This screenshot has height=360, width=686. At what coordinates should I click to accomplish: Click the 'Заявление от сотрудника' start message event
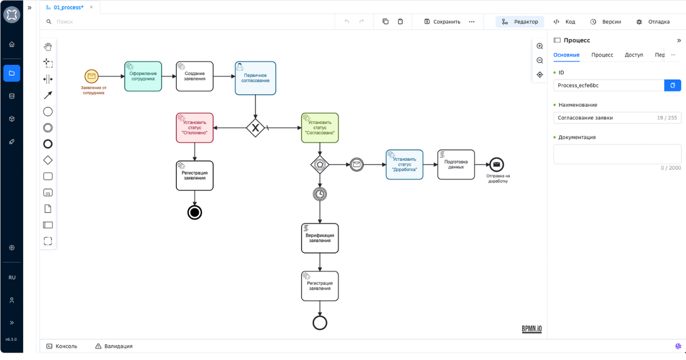(x=91, y=76)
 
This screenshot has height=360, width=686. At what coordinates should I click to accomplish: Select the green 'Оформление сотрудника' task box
(x=143, y=76)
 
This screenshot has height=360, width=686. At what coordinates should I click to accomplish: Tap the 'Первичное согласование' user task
(x=256, y=78)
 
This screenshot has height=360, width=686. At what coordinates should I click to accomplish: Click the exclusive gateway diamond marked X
(x=256, y=128)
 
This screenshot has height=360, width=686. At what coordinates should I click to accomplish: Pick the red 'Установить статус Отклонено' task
(x=195, y=128)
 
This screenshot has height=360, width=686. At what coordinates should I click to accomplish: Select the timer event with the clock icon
(x=320, y=194)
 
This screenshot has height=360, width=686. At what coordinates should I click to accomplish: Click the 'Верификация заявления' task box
(x=320, y=238)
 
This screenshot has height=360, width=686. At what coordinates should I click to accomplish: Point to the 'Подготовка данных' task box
(x=456, y=164)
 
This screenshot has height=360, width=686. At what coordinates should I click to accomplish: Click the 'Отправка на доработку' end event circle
(x=496, y=164)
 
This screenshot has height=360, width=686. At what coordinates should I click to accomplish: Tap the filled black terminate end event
(x=195, y=213)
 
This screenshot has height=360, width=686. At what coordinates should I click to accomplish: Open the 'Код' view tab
(x=564, y=22)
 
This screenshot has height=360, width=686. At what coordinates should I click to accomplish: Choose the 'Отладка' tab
(x=653, y=22)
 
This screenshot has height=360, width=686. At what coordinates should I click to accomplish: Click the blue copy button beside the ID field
(x=673, y=85)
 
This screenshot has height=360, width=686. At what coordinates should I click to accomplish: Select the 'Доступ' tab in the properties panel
(x=633, y=55)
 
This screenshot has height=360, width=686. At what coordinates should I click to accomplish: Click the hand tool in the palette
(x=48, y=47)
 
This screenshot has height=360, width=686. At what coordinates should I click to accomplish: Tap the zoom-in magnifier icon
(x=540, y=46)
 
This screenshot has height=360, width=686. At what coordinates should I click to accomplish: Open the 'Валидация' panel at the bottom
(x=114, y=346)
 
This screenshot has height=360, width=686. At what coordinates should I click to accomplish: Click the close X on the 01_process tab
(x=91, y=7)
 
